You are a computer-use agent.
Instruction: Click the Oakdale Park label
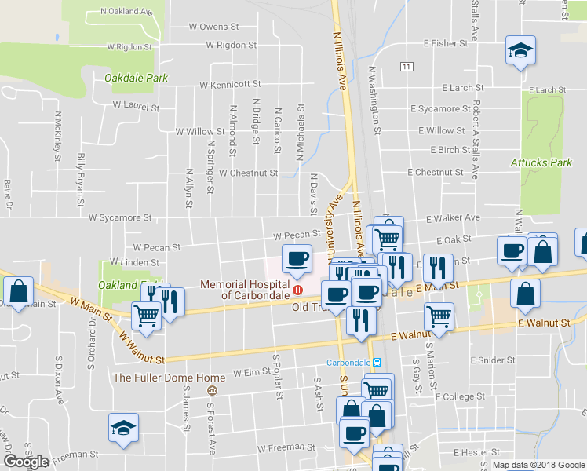pos(137,78)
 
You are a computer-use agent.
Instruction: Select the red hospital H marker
pos(297,290)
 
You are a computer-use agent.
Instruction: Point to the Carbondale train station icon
pos(377,363)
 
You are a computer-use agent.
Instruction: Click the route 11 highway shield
pos(406,67)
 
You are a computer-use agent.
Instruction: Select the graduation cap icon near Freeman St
pos(122,428)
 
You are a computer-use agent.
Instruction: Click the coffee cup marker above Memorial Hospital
pos(297,258)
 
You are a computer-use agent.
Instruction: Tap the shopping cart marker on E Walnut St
pos(439,316)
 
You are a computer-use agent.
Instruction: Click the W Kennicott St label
pos(230,84)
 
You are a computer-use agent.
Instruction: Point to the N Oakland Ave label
pos(127,13)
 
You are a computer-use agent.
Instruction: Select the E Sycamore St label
pos(439,109)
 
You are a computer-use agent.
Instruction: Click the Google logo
pos(26,462)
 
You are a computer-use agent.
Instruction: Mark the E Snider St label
pos(491,360)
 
